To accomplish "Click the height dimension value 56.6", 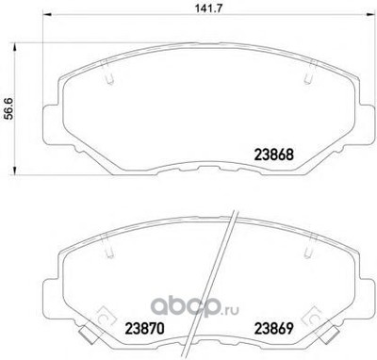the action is pyautogui.click(x=8, y=108).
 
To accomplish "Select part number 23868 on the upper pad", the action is pyautogui.click(x=273, y=155).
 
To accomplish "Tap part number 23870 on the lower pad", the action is pyautogui.click(x=145, y=328).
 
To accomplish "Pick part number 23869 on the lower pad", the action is pyautogui.click(x=273, y=328).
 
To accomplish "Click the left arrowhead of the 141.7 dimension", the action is pyautogui.click(x=46, y=14).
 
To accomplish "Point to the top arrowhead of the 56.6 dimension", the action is pyautogui.click(x=14, y=48).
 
